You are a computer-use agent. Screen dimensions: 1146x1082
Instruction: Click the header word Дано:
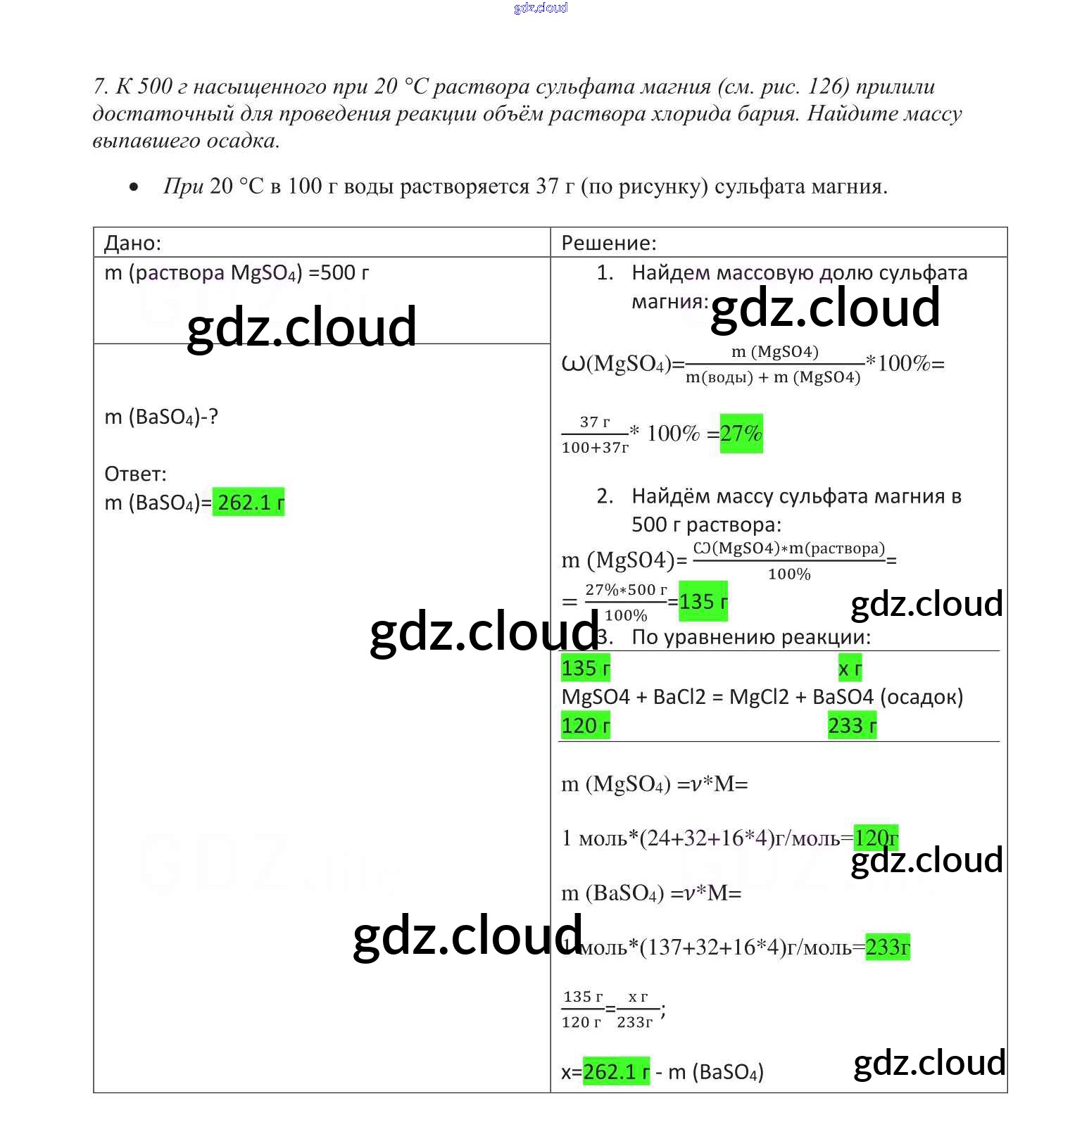click(x=132, y=243)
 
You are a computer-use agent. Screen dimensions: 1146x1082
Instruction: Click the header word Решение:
click(x=608, y=243)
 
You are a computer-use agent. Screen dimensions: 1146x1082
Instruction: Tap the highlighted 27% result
click(x=741, y=433)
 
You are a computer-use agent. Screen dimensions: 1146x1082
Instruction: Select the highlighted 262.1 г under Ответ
click(x=249, y=502)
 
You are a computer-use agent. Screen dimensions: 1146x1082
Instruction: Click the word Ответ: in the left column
click(x=135, y=474)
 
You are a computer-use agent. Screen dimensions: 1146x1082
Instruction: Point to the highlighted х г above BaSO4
click(x=850, y=669)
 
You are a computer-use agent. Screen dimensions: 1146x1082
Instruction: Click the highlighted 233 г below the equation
click(x=852, y=725)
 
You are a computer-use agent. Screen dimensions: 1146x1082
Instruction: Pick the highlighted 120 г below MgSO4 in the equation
click(x=585, y=725)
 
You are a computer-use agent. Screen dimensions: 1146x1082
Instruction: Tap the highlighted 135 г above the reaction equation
click(x=585, y=668)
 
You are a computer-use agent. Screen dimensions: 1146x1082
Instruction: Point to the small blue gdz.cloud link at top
click(x=541, y=8)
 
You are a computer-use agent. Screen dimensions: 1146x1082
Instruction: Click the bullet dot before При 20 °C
click(x=134, y=187)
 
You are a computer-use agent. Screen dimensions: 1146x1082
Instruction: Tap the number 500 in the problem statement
click(x=155, y=87)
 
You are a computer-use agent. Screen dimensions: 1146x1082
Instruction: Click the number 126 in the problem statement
click(x=825, y=87)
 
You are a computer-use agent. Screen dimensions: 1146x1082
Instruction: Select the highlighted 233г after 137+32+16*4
click(x=887, y=947)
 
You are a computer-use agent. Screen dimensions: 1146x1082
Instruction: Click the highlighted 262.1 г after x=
click(x=616, y=1071)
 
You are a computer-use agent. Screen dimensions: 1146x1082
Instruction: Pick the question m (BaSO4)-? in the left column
click(x=161, y=417)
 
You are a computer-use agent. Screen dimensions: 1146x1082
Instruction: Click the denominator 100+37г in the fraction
click(x=595, y=448)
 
